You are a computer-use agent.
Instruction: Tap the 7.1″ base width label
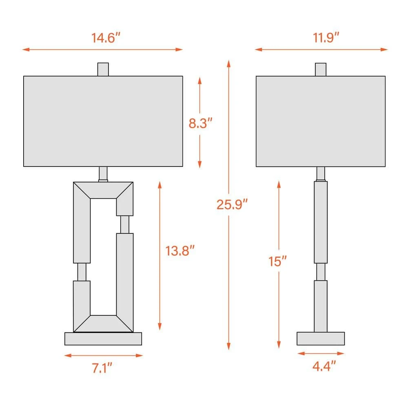pos(102,369)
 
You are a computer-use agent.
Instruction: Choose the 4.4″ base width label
pos(325,366)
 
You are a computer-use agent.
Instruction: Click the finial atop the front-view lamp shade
pos(103,69)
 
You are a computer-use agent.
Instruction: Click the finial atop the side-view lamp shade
pos(321,69)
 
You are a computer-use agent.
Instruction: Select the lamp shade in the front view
pos(103,121)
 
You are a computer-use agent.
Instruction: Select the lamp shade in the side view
pos(321,121)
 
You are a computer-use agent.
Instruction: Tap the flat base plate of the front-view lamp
pos(103,339)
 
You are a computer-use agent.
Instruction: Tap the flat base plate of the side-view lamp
pos(321,338)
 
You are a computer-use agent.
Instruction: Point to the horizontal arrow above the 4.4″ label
pos(321,353)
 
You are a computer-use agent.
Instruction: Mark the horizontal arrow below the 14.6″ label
pos(102,49)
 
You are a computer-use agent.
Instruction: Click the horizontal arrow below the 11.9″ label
pos(321,49)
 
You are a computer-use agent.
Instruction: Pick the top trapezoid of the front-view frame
pos(103,190)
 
